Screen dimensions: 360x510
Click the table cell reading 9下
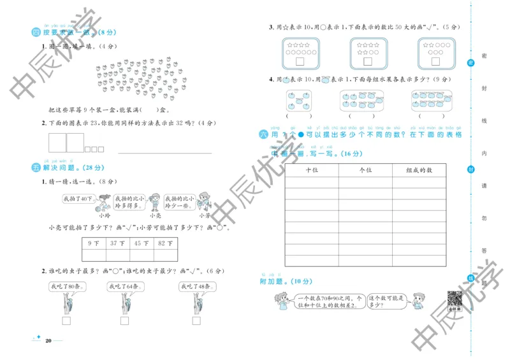[94, 243]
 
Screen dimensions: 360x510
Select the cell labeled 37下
[117, 243]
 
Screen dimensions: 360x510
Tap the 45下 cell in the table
[140, 243]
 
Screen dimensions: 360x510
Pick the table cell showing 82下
[165, 243]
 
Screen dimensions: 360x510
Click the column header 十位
[312, 170]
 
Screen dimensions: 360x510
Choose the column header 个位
[365, 170]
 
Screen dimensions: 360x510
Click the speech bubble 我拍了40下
[76, 199]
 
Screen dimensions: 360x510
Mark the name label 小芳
[203, 215]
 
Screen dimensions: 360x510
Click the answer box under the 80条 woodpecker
[66, 320]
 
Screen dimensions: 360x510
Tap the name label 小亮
[154, 215]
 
